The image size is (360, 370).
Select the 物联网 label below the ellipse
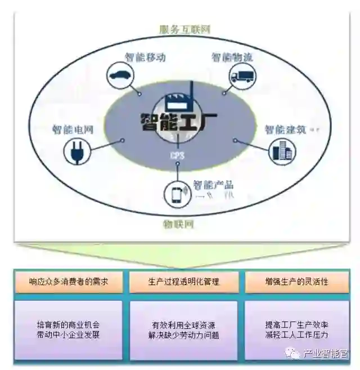pos(179,224)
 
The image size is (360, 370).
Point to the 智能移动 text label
pos(146,57)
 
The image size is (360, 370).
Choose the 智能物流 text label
pos(232,57)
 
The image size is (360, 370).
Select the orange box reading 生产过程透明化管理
pos(184,282)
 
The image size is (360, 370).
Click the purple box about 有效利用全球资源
pos(184,329)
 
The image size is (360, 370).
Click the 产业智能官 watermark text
pos(326,354)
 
